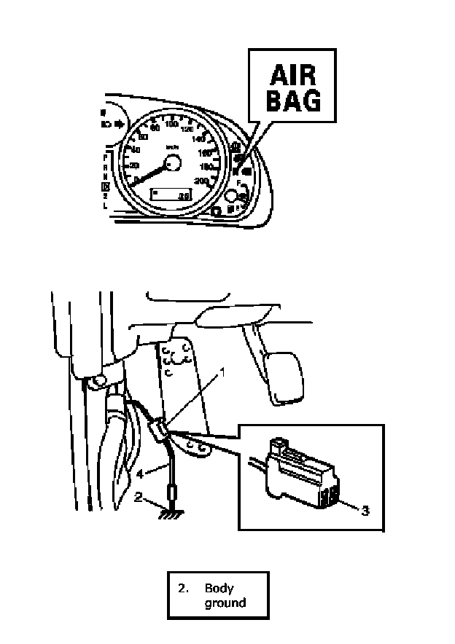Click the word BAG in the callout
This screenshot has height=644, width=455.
click(292, 101)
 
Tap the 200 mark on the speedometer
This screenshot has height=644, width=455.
click(203, 180)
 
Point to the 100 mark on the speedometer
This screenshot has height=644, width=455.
click(173, 125)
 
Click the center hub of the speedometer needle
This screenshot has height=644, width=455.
click(173, 165)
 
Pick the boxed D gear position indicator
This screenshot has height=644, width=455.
click(106, 186)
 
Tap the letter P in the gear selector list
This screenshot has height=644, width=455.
click(106, 157)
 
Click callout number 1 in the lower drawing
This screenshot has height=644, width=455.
click(223, 371)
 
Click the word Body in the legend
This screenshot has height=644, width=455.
click(219, 589)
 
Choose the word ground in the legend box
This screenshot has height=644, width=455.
click(225, 602)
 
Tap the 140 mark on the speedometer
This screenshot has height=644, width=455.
click(198, 139)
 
